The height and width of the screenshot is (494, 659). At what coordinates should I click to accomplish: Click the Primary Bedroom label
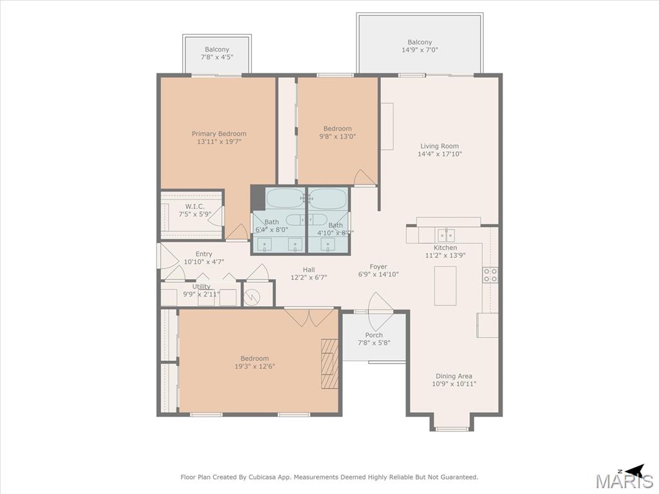pos(219,134)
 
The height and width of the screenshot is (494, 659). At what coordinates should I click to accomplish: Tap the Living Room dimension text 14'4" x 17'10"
pos(440,154)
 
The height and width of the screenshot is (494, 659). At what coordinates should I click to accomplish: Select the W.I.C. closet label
pos(195,206)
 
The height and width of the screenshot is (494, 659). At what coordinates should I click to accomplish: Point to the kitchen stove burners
pos(490,275)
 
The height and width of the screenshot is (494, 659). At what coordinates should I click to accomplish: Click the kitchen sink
pos(446,235)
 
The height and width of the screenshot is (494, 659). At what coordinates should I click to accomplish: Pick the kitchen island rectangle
pos(445,286)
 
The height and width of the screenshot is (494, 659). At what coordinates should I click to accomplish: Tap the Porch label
pos(374,334)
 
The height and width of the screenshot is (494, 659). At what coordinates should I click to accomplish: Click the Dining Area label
pos(454,376)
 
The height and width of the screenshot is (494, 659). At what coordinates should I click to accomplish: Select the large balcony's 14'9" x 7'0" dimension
pos(420,50)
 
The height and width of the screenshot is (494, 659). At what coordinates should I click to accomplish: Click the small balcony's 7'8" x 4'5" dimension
pos(217,57)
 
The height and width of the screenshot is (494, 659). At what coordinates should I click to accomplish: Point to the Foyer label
pos(378,266)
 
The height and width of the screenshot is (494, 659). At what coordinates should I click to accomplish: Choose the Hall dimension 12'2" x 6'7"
pos(309,277)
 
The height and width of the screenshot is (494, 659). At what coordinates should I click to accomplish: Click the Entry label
pos(204,253)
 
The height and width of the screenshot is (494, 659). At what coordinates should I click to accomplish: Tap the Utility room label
pos(201,286)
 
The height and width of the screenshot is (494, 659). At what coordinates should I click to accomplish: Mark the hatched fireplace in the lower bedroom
pos(329,364)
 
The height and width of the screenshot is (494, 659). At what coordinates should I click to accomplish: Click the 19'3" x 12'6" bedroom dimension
pos(255,366)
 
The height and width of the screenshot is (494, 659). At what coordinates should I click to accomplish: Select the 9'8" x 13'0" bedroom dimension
pos(337,136)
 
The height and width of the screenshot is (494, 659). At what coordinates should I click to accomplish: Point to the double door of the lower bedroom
pos(310,318)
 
